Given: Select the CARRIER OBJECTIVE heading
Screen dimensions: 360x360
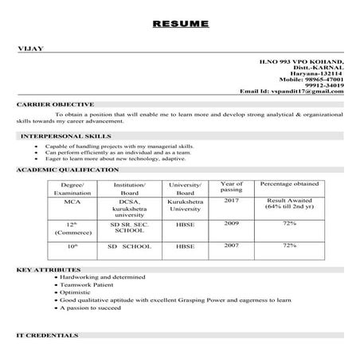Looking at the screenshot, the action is click(55, 104).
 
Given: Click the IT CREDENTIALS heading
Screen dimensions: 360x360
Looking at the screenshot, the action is click(49, 335).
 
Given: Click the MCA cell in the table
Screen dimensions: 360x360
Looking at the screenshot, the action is click(72, 202).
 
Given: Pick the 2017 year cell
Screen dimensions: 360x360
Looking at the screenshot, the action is click(231, 202).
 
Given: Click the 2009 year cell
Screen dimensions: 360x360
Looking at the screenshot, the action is click(231, 224).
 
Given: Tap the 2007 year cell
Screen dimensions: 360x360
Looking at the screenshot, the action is click(231, 246).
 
